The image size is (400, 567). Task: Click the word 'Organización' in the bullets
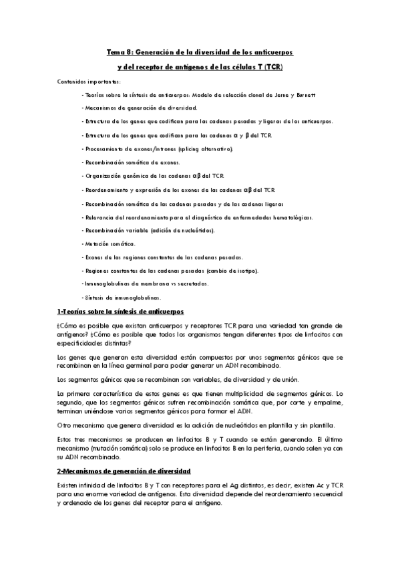100,176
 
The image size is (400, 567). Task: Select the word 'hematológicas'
293,217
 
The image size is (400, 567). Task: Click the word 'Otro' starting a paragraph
63,425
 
